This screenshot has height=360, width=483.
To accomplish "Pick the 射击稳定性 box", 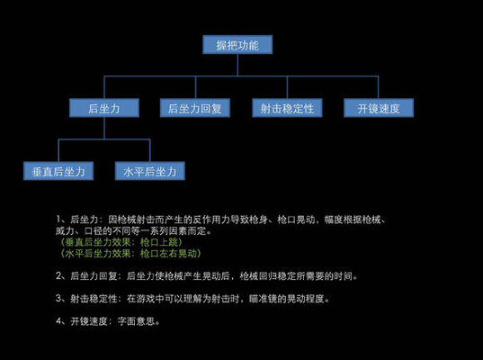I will click(x=287, y=108).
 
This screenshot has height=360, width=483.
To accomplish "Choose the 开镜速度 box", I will click(x=379, y=108).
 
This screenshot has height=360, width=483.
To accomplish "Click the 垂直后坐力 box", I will click(x=58, y=170).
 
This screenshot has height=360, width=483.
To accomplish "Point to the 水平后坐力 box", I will click(x=149, y=170).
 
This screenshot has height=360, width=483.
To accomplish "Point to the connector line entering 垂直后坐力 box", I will click(x=58, y=150).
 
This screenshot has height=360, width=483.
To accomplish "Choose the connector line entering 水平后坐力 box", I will click(x=149, y=150).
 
